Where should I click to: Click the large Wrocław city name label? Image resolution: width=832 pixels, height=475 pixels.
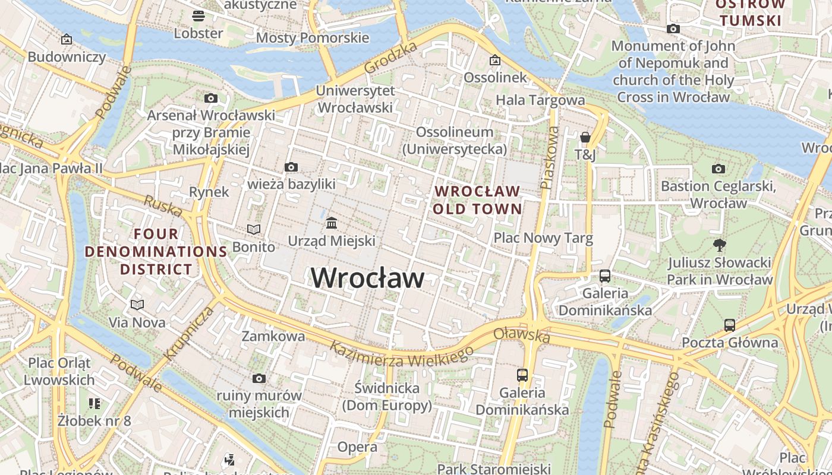click(368, 278)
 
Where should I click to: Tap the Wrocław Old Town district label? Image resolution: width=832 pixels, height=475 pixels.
click(477, 200)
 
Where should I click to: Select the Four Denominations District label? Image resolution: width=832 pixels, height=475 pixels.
click(156, 252)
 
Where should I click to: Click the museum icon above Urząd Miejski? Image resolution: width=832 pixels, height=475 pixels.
click(332, 223)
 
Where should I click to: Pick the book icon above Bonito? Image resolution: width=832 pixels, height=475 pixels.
click(254, 229)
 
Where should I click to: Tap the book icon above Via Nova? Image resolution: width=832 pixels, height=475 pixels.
click(137, 305)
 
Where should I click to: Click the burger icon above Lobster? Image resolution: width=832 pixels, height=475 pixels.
click(198, 15)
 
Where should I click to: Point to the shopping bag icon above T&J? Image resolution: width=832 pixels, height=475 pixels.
click(585, 137)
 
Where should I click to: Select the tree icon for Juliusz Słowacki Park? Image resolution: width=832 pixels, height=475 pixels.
click(720, 245)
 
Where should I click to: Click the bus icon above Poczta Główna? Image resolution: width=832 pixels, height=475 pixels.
click(730, 325)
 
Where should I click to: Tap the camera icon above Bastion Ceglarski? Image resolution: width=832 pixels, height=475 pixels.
click(718, 169)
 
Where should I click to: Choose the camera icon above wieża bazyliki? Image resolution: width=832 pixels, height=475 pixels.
click(291, 167)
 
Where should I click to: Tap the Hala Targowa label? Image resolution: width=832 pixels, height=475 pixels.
click(540, 100)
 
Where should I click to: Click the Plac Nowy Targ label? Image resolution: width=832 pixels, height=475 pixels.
click(543, 239)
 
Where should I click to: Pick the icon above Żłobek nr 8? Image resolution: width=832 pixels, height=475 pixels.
click(94, 404)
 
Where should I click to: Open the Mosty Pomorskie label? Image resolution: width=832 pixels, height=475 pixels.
click(313, 38)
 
